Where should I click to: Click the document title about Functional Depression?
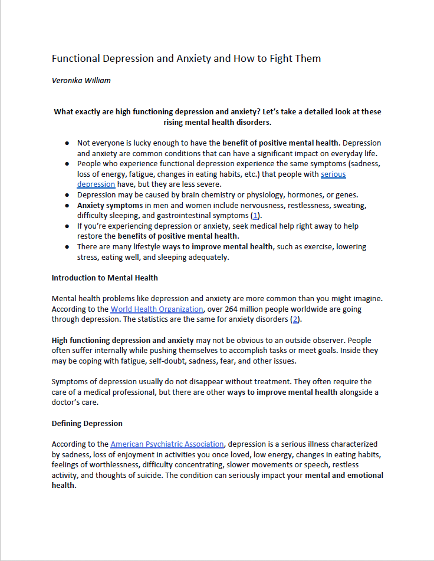(x=186, y=58)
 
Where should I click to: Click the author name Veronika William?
(x=81, y=81)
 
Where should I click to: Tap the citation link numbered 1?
(x=255, y=216)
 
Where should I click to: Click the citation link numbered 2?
(x=295, y=319)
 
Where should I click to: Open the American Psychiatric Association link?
(x=167, y=444)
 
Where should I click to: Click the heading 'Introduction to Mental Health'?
(x=105, y=278)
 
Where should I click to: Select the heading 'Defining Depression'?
(x=87, y=423)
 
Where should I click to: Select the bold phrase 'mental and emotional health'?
(x=344, y=475)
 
